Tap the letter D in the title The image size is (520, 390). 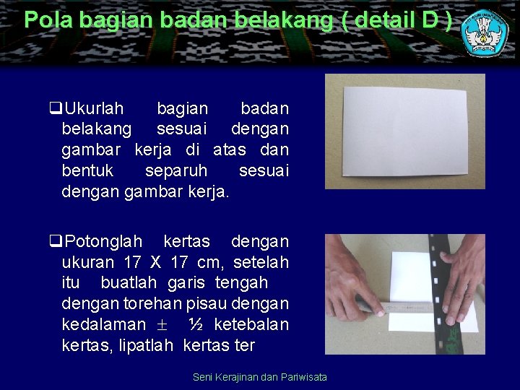430,19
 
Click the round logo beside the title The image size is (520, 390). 485,33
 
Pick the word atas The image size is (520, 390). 230,149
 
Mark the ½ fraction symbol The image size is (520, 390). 195,324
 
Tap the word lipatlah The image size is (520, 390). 138,345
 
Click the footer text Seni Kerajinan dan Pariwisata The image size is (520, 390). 260,377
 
